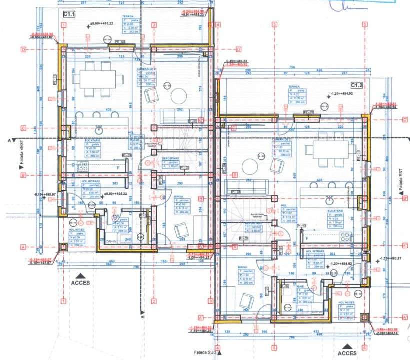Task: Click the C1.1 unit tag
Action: pos(68,15)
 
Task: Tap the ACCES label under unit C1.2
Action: pos(347,353)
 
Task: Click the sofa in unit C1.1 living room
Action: pos(181,115)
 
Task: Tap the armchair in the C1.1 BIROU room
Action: pos(180,230)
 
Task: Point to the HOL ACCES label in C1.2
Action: pos(347,303)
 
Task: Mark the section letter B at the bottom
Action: pos(142,316)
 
